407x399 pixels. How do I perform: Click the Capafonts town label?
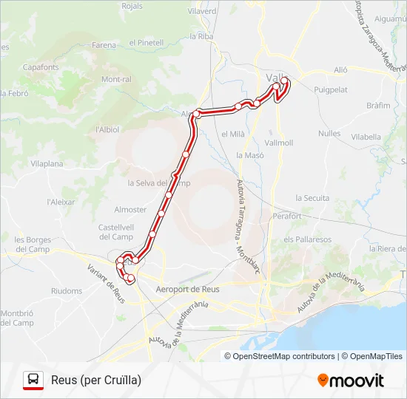click(x=41, y=66)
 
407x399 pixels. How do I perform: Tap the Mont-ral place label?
click(x=116, y=79)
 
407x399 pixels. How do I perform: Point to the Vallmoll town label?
click(x=278, y=142)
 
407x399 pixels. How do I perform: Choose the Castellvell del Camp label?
click(x=116, y=232)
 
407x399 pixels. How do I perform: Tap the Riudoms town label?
click(x=67, y=291)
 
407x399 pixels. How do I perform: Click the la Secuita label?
click(x=312, y=198)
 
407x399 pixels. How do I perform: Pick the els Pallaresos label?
click(x=307, y=239)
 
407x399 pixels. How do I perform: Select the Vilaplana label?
click(x=47, y=163)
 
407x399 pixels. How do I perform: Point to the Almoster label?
click(x=130, y=210)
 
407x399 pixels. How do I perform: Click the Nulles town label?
click(x=329, y=134)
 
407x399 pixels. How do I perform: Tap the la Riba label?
click(x=201, y=36)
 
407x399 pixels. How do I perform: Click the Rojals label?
click(x=131, y=6)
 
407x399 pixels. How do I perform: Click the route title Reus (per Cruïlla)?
click(x=96, y=381)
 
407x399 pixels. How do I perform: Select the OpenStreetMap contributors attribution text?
click(x=280, y=356)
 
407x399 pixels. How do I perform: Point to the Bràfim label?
click(x=378, y=106)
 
